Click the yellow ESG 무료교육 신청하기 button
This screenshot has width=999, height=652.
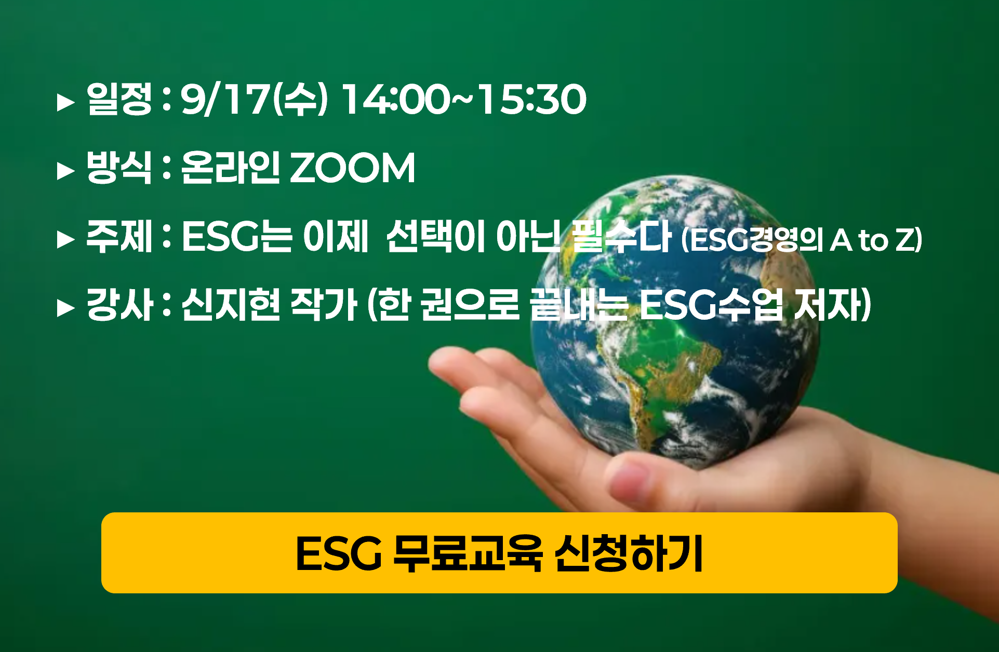click(x=499, y=552)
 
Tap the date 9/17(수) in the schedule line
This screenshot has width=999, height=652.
click(x=254, y=99)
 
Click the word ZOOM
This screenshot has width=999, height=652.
click(x=352, y=168)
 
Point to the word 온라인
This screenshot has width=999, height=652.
click(x=230, y=167)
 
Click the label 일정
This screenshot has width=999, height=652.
click(x=119, y=99)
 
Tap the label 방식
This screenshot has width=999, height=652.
click(x=119, y=167)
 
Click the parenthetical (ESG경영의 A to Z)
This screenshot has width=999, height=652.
click(x=802, y=240)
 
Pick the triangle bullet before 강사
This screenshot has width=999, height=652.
click(x=65, y=308)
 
